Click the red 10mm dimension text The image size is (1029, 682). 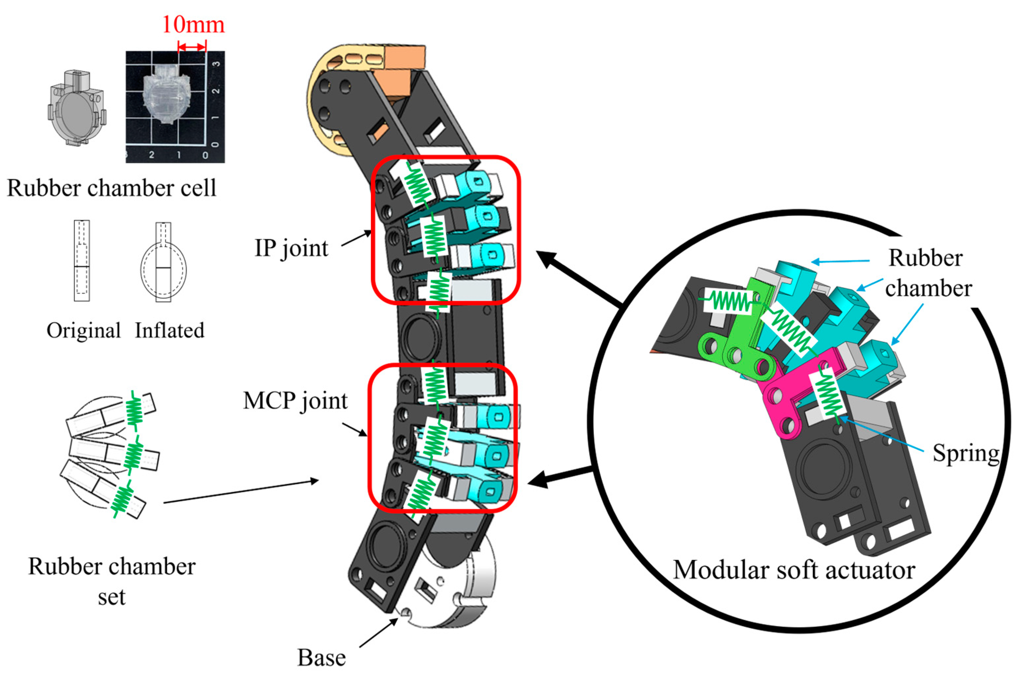pos(194,24)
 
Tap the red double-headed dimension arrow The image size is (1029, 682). pos(192,47)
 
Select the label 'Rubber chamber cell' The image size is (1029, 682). pos(111,188)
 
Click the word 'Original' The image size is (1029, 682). pos(83,330)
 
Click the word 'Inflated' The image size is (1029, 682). pos(169,330)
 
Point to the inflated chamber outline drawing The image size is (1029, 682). pos(164,263)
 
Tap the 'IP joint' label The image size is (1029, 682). pos(291,248)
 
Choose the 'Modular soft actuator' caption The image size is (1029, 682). pos(794,570)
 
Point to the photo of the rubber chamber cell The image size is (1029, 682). pos(175,107)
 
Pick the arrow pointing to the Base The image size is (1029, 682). pos(378,633)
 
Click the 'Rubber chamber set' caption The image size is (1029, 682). pos(112,581)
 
